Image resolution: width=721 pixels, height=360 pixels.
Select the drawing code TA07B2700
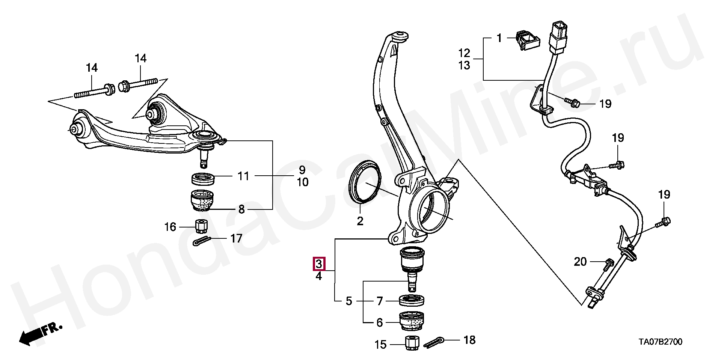(661, 342)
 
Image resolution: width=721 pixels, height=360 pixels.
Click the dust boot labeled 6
(412, 321)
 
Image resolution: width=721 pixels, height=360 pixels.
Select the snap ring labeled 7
(412, 300)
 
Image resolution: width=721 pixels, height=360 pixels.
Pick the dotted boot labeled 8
(203, 201)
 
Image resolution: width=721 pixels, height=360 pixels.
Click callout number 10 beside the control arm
(303, 182)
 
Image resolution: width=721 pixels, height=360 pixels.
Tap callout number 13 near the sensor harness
(464, 65)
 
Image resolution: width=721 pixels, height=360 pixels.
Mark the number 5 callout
(349, 301)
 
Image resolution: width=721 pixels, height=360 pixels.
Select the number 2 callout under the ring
(360, 221)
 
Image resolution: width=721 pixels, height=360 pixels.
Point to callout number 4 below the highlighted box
(318, 277)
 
